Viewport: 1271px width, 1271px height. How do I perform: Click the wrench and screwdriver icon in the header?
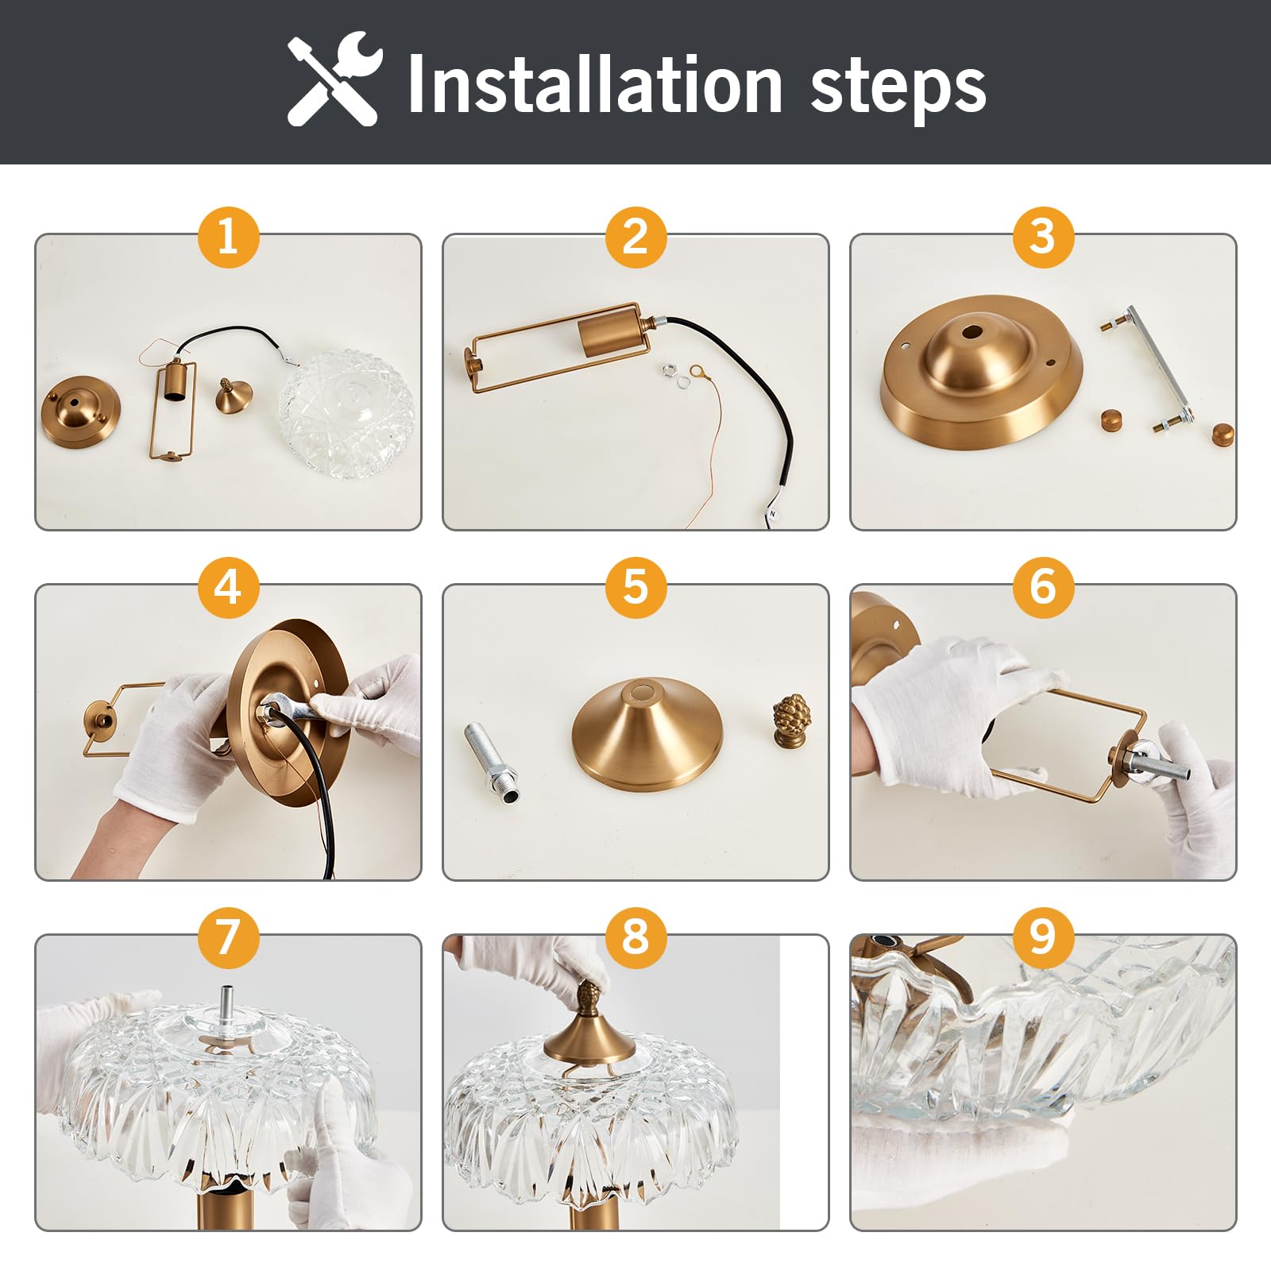(335, 79)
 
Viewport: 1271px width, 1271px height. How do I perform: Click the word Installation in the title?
(595, 84)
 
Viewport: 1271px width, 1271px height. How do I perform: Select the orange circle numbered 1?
(228, 237)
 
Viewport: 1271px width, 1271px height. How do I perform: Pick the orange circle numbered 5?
(635, 587)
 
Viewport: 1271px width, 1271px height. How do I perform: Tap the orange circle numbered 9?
(1043, 937)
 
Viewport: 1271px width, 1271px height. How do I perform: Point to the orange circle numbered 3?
(1043, 237)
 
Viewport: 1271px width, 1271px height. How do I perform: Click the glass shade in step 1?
(346, 413)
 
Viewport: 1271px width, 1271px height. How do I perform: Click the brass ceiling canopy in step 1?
(81, 410)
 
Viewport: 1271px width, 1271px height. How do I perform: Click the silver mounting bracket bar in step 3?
(1148, 370)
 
